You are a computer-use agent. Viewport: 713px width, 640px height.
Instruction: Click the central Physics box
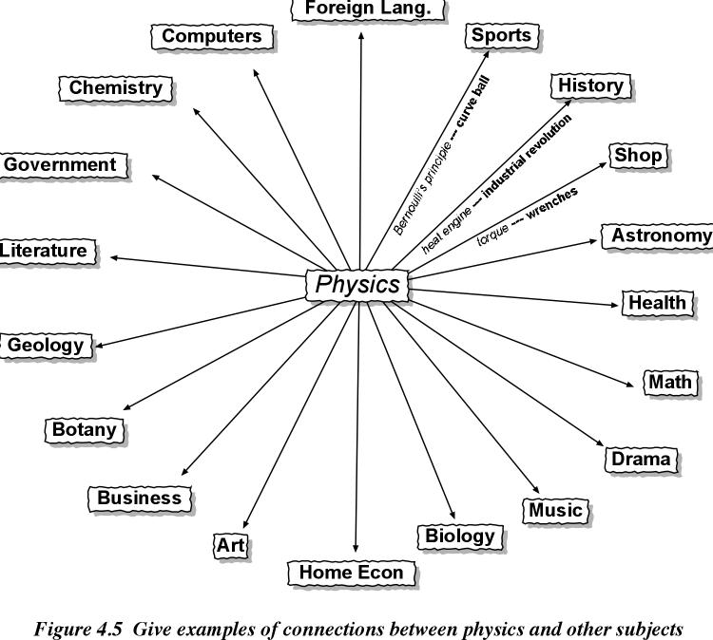pyautogui.click(x=357, y=285)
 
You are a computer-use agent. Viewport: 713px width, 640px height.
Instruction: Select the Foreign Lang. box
pyautogui.click(x=360, y=9)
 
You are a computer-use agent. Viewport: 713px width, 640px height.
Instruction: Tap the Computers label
pyautogui.click(x=211, y=37)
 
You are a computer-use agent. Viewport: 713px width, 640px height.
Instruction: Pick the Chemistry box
pyautogui.click(x=116, y=88)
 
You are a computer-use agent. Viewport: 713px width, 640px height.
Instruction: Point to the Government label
pyautogui.click(x=60, y=165)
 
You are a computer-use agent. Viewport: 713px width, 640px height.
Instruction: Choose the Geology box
pyautogui.click(x=46, y=346)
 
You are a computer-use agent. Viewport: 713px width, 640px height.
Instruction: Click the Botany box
pyautogui.click(x=84, y=429)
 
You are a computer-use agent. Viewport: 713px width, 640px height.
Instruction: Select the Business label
pyautogui.click(x=139, y=498)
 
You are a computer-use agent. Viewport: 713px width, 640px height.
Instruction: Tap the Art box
pyautogui.click(x=231, y=545)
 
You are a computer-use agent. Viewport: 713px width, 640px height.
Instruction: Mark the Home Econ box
pyautogui.click(x=351, y=573)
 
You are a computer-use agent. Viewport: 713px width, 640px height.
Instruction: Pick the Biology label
pyautogui.click(x=460, y=536)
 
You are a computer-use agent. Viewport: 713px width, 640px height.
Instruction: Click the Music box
pyautogui.click(x=555, y=510)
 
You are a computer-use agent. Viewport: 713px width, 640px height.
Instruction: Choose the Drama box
pyautogui.click(x=640, y=460)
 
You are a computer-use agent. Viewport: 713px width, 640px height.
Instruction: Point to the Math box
pyautogui.click(x=671, y=383)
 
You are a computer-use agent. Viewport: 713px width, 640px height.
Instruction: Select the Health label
pyautogui.click(x=657, y=303)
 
